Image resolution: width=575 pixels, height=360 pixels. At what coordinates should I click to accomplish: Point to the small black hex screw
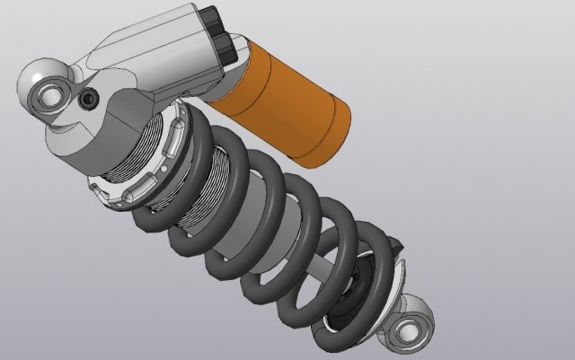(90, 99)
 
